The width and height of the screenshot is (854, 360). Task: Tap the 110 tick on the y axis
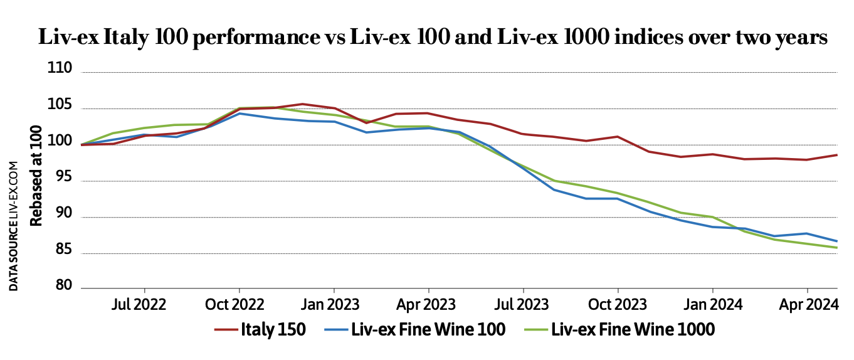60,68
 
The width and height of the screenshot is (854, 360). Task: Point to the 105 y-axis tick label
60,105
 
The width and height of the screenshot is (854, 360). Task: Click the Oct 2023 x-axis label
618,305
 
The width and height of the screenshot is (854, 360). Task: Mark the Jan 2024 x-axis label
712,305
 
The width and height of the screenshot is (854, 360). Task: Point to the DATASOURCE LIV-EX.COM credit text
14,226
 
